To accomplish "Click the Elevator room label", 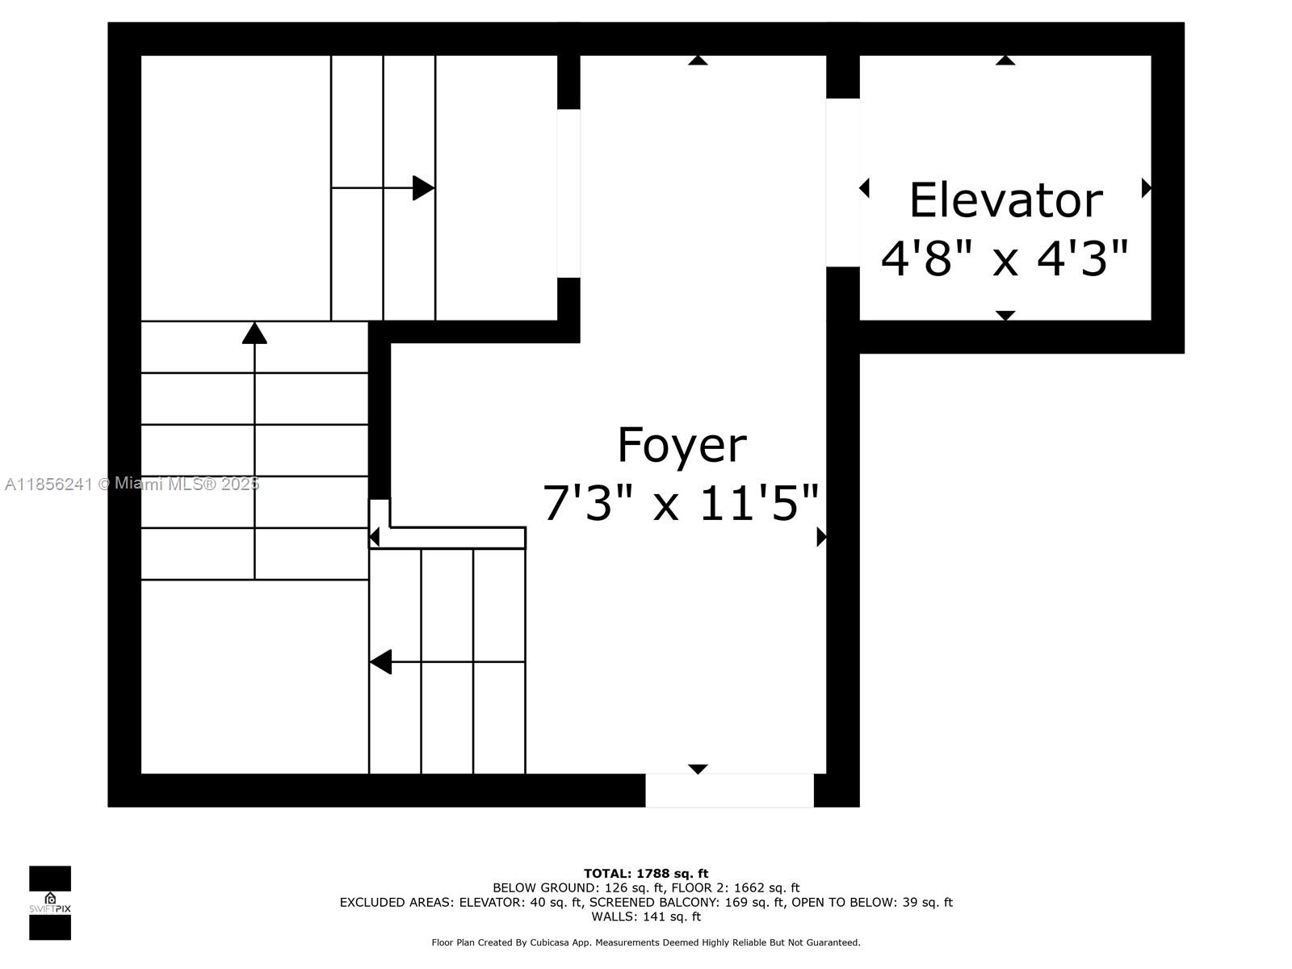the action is (1005, 200).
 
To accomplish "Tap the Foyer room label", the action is (682, 446).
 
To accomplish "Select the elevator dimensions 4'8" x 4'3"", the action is (1005, 258).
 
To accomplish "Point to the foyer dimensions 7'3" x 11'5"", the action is (681, 502).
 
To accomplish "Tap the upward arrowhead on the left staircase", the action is (254, 333).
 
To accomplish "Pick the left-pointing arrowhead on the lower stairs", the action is (380, 662).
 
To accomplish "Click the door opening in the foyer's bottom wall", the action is (729, 791).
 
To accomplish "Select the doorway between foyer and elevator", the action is (842, 182).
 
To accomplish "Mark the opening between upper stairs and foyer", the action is (568, 193).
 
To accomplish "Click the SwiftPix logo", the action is (50, 903).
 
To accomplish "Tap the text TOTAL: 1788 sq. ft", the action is (646, 873).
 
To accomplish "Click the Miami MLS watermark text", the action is (132, 484).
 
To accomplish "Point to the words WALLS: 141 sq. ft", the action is (646, 916).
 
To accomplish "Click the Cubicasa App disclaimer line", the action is (646, 942).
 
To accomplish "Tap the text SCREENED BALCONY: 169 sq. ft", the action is (686, 902).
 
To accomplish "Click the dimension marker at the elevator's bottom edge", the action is (1005, 316).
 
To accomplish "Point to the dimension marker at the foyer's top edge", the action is (698, 60).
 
